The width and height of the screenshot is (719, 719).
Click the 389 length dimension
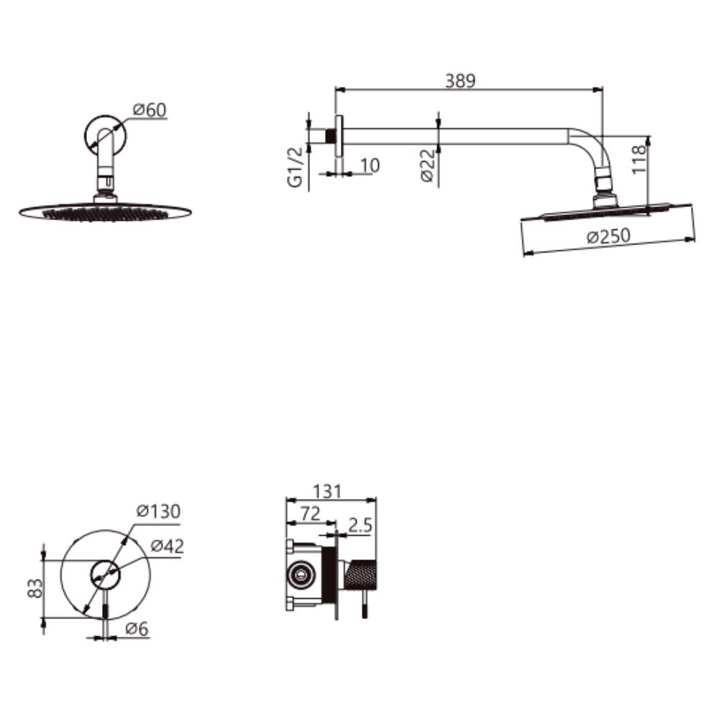point(460,81)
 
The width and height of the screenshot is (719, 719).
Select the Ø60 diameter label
point(150,110)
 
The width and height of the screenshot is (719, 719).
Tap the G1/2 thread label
point(296,168)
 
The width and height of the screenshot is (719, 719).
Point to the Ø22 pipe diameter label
point(427,165)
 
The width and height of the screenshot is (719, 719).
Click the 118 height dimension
point(638,159)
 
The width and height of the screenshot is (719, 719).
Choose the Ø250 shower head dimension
point(608,237)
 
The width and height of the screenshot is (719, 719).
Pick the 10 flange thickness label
point(370,165)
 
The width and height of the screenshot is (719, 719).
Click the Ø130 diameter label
point(159,511)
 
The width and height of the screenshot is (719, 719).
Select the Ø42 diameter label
point(168,546)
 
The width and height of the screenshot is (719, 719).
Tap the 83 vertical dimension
point(35,588)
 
